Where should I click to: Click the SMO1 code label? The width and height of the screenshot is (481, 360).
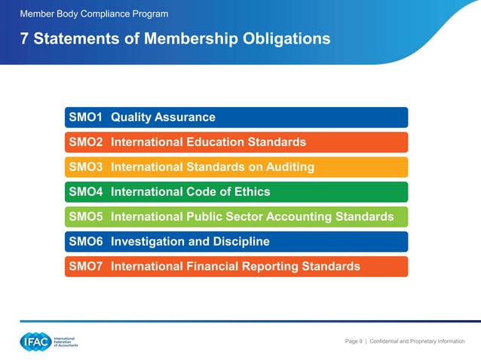85,117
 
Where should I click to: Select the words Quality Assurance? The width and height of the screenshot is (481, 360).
163,117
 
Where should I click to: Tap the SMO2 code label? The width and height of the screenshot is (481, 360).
85,142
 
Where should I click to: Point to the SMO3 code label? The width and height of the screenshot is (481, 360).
85,167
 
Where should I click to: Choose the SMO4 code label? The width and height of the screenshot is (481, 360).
85,192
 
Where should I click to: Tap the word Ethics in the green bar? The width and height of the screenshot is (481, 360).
250,192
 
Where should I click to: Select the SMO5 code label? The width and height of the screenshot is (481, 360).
85,217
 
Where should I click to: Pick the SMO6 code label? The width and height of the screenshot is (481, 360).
85,242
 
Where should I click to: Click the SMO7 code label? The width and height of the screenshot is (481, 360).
85,267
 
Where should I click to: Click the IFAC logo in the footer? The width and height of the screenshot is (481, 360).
48,342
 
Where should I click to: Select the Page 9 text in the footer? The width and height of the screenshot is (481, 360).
354,342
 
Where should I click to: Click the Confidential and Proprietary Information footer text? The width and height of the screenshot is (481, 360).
417,342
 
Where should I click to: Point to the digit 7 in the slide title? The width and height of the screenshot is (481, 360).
25,38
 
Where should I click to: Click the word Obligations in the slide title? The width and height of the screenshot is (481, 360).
285,38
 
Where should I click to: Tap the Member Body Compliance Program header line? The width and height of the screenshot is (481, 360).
94,14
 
